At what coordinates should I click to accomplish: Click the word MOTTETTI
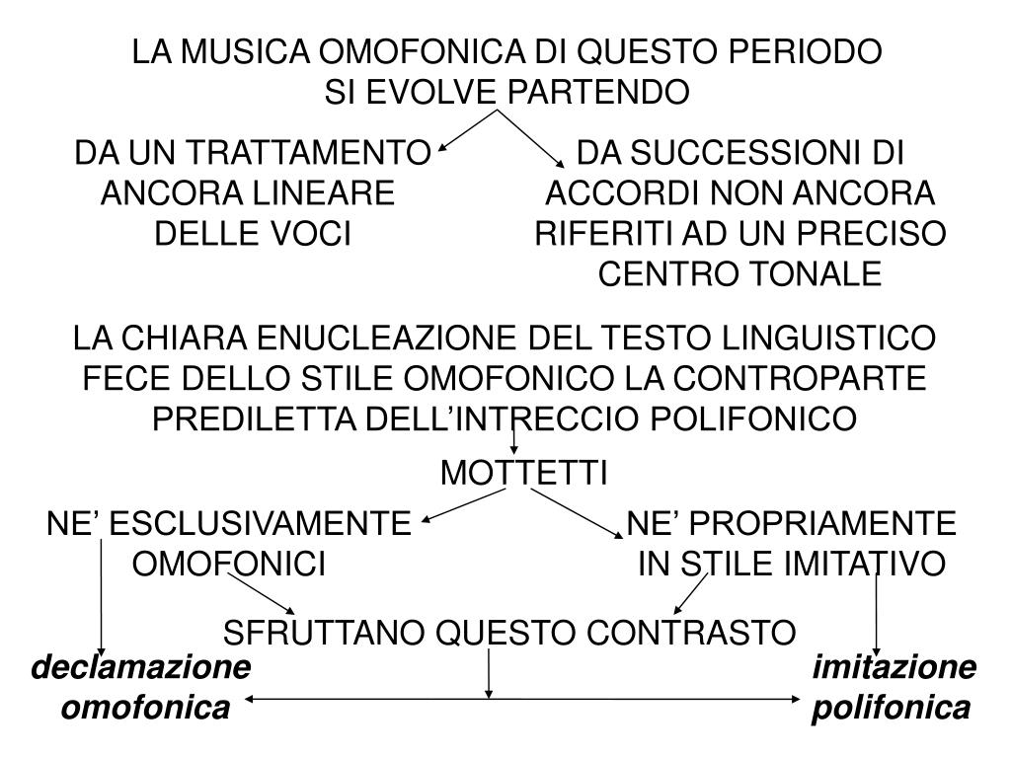[x=524, y=474]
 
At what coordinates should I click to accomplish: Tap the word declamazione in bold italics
[x=141, y=668]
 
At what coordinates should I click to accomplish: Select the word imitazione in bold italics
[x=894, y=668]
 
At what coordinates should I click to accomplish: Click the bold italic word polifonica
[x=892, y=707]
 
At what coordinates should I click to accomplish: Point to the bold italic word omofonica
[x=145, y=707]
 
